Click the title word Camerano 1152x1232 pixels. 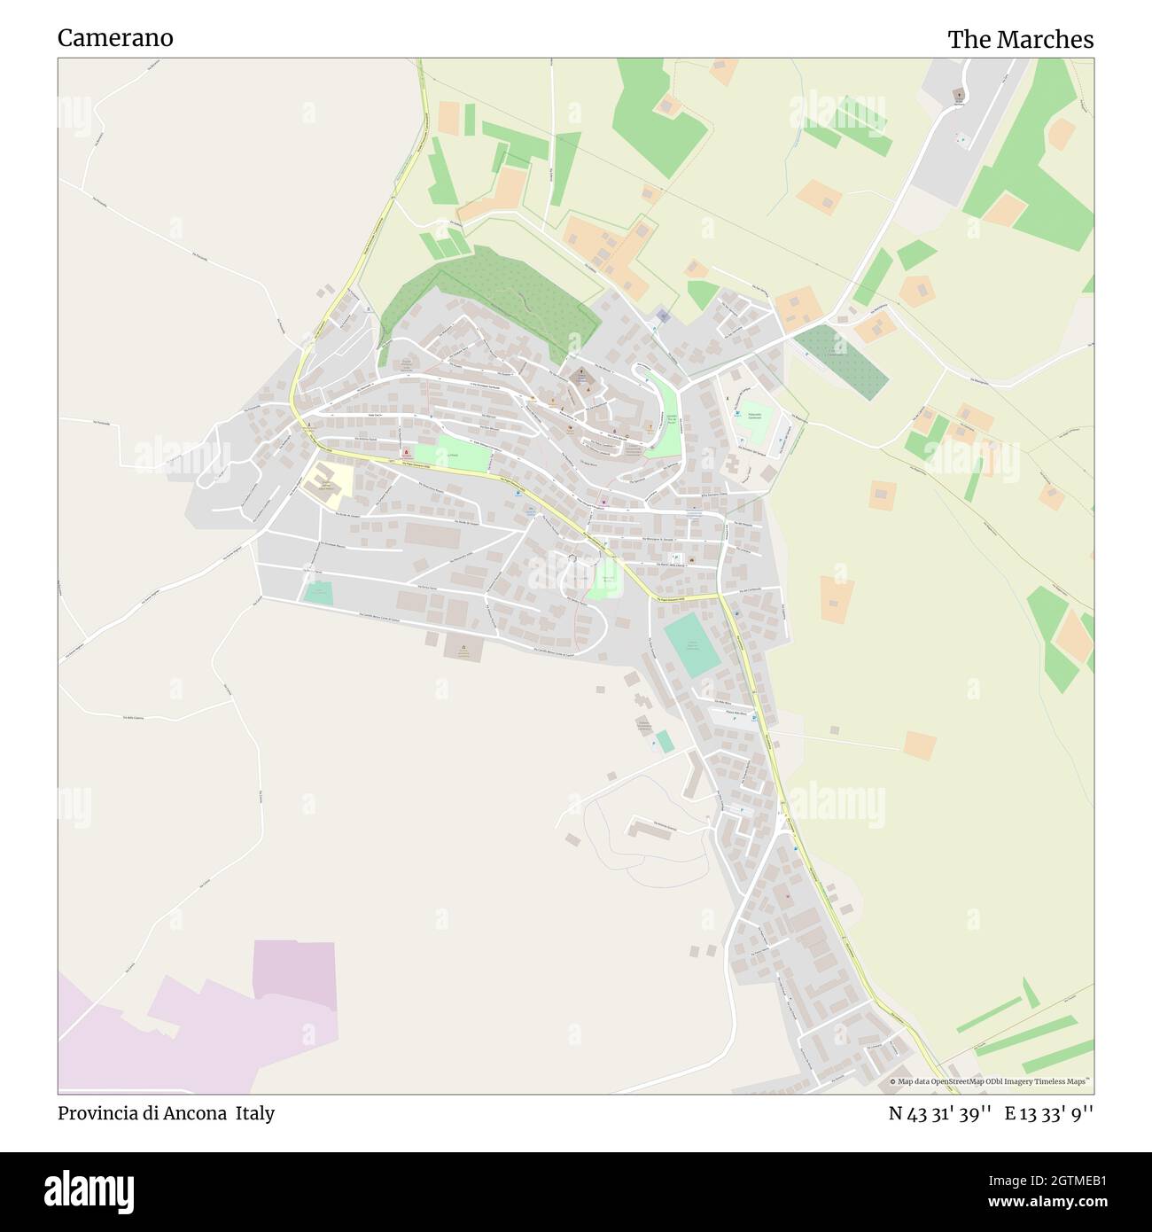(115, 38)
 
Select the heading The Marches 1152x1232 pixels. (1020, 40)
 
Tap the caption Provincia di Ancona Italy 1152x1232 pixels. (166, 1113)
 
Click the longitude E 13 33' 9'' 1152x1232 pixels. (1048, 1114)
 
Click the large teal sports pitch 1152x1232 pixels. (691, 645)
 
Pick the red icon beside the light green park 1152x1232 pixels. (407, 452)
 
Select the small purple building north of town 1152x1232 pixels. (663, 316)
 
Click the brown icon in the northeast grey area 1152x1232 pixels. (958, 93)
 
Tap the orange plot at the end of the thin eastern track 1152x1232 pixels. (920, 745)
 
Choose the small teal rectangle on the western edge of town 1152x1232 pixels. (317, 593)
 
